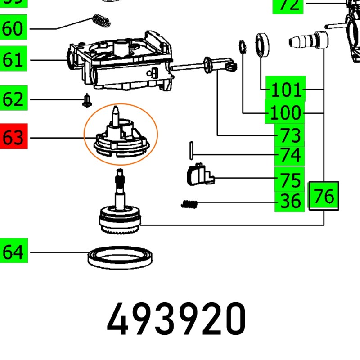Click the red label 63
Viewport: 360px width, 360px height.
[13, 137]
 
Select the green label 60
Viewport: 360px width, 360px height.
[13, 29]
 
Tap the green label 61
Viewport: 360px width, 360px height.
[13, 60]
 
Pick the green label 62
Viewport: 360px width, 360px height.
[13, 99]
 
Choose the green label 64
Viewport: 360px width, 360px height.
[13, 252]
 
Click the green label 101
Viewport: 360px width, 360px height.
[286, 90]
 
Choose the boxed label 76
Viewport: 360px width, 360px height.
[324, 197]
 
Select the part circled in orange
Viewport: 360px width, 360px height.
[120, 134]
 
